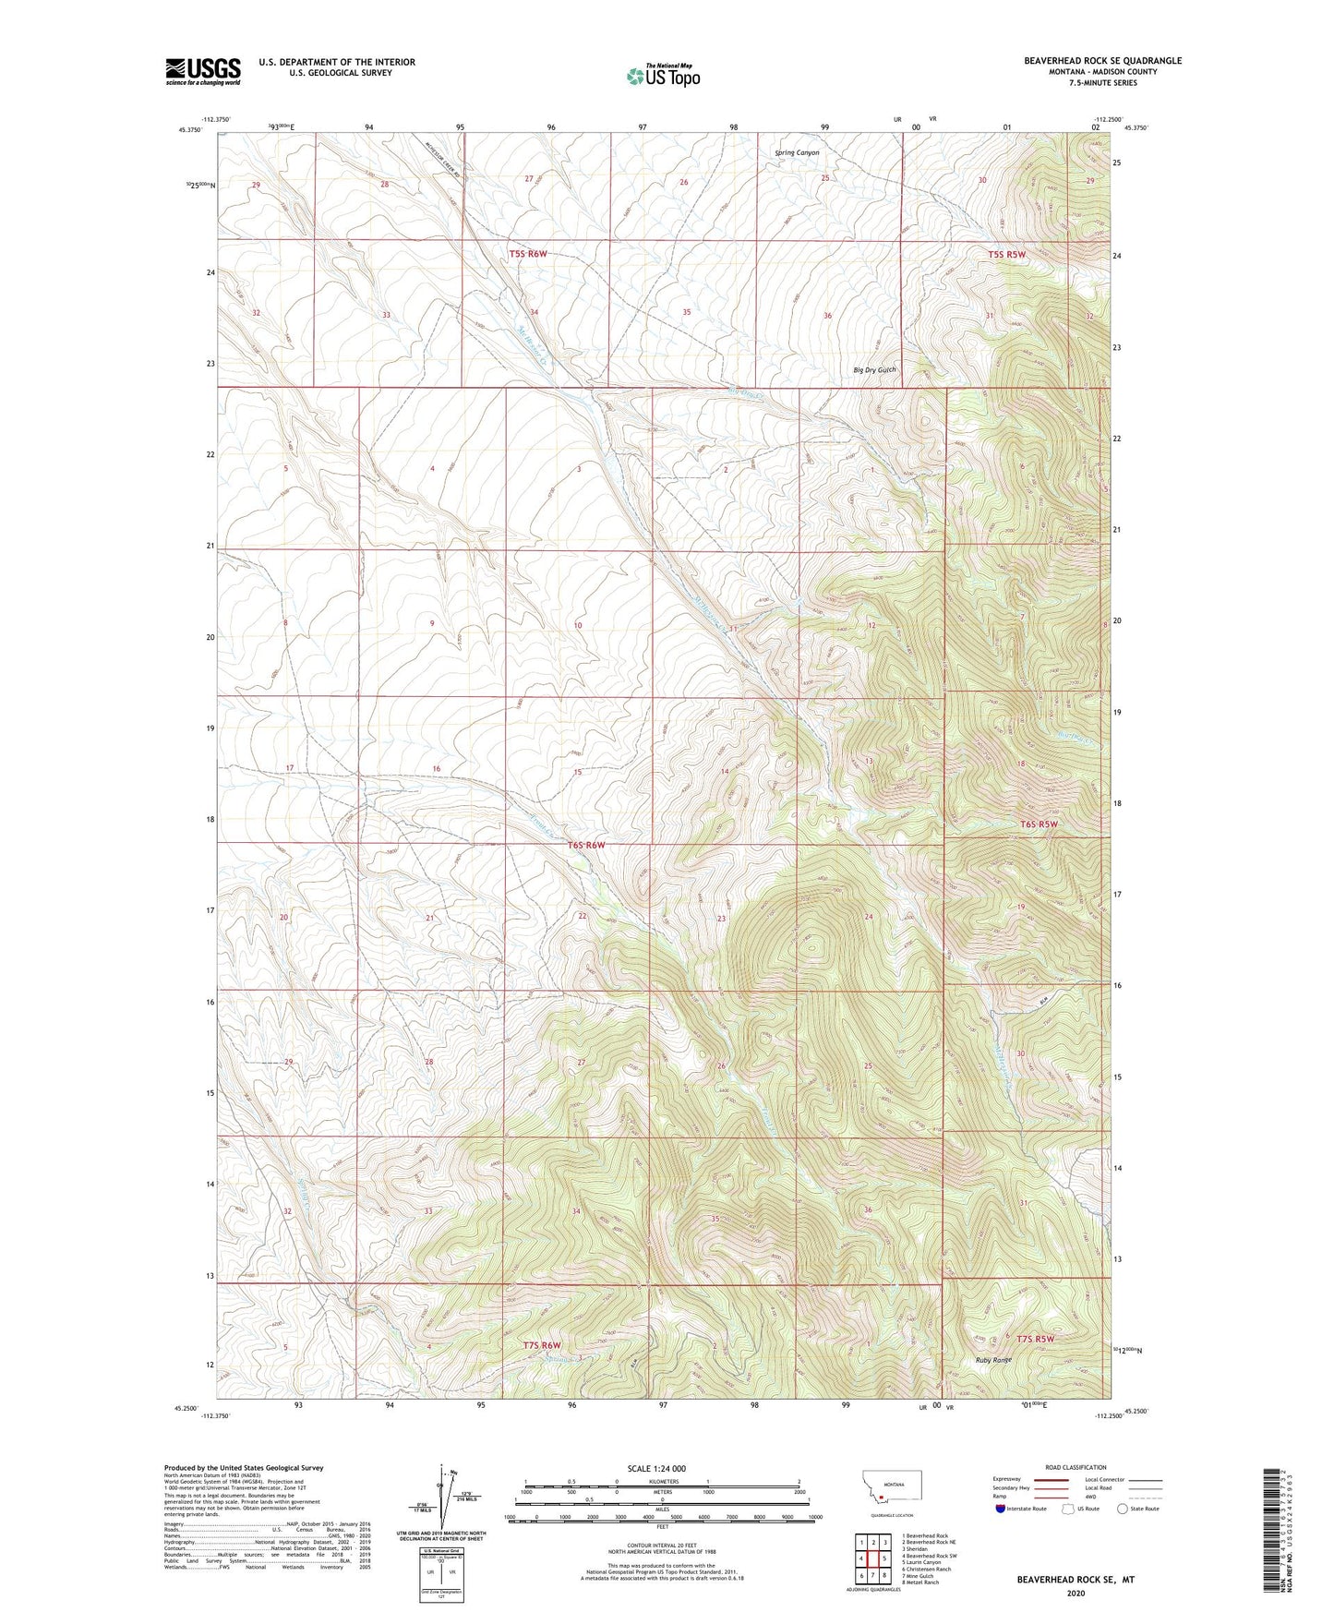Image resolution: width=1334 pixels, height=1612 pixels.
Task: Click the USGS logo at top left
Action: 203,71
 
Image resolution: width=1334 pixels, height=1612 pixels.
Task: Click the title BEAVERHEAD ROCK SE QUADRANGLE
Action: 1102,61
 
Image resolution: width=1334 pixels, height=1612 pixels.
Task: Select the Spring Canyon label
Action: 796,152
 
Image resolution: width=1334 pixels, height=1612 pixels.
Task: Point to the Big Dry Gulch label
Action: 874,370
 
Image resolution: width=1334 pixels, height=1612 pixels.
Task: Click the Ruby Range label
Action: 994,1360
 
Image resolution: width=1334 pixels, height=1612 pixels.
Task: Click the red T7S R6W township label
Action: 542,1345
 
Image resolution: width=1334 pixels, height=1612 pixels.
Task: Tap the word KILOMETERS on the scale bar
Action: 661,1481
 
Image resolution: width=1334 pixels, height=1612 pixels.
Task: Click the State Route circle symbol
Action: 1123,1509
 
